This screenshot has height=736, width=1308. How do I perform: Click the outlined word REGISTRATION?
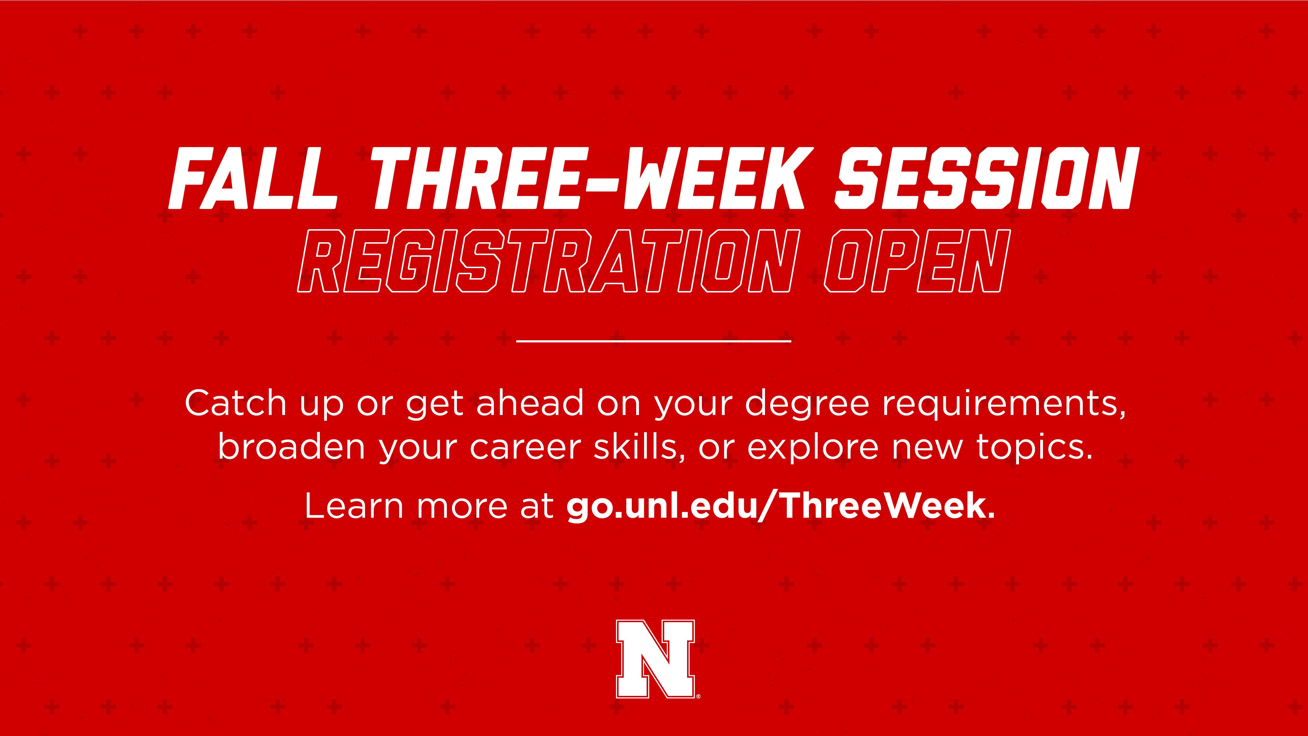point(548,261)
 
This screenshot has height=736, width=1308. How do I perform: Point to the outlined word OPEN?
point(917,261)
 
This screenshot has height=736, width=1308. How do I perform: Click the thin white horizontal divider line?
point(654,341)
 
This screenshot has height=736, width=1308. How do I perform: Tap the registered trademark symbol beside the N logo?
point(699,696)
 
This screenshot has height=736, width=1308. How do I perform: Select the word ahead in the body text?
point(530,403)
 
